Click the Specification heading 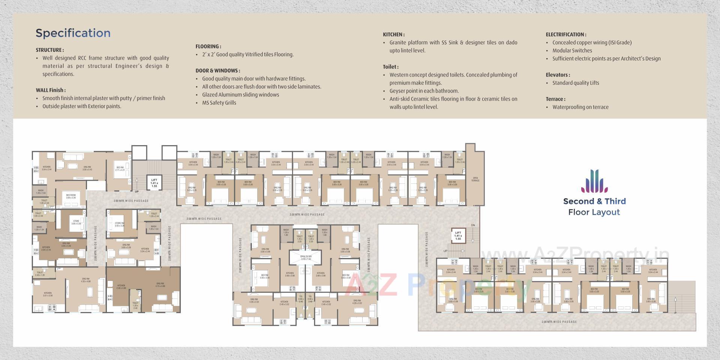73,33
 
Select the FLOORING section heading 208,46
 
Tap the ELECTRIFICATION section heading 566,34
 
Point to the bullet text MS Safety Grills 219,103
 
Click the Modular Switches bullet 572,51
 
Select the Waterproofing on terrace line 580,107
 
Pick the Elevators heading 558,75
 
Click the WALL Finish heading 51,90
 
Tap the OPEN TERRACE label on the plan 475,179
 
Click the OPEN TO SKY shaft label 306,258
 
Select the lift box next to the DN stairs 458,235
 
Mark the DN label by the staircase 473,225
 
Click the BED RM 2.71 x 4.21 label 120,169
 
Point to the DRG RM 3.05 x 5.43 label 87,168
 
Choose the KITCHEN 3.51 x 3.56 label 48,294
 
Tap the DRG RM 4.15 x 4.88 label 160,285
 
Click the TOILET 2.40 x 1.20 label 40,274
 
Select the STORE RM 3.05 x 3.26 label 119,224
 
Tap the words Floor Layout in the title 594,212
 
